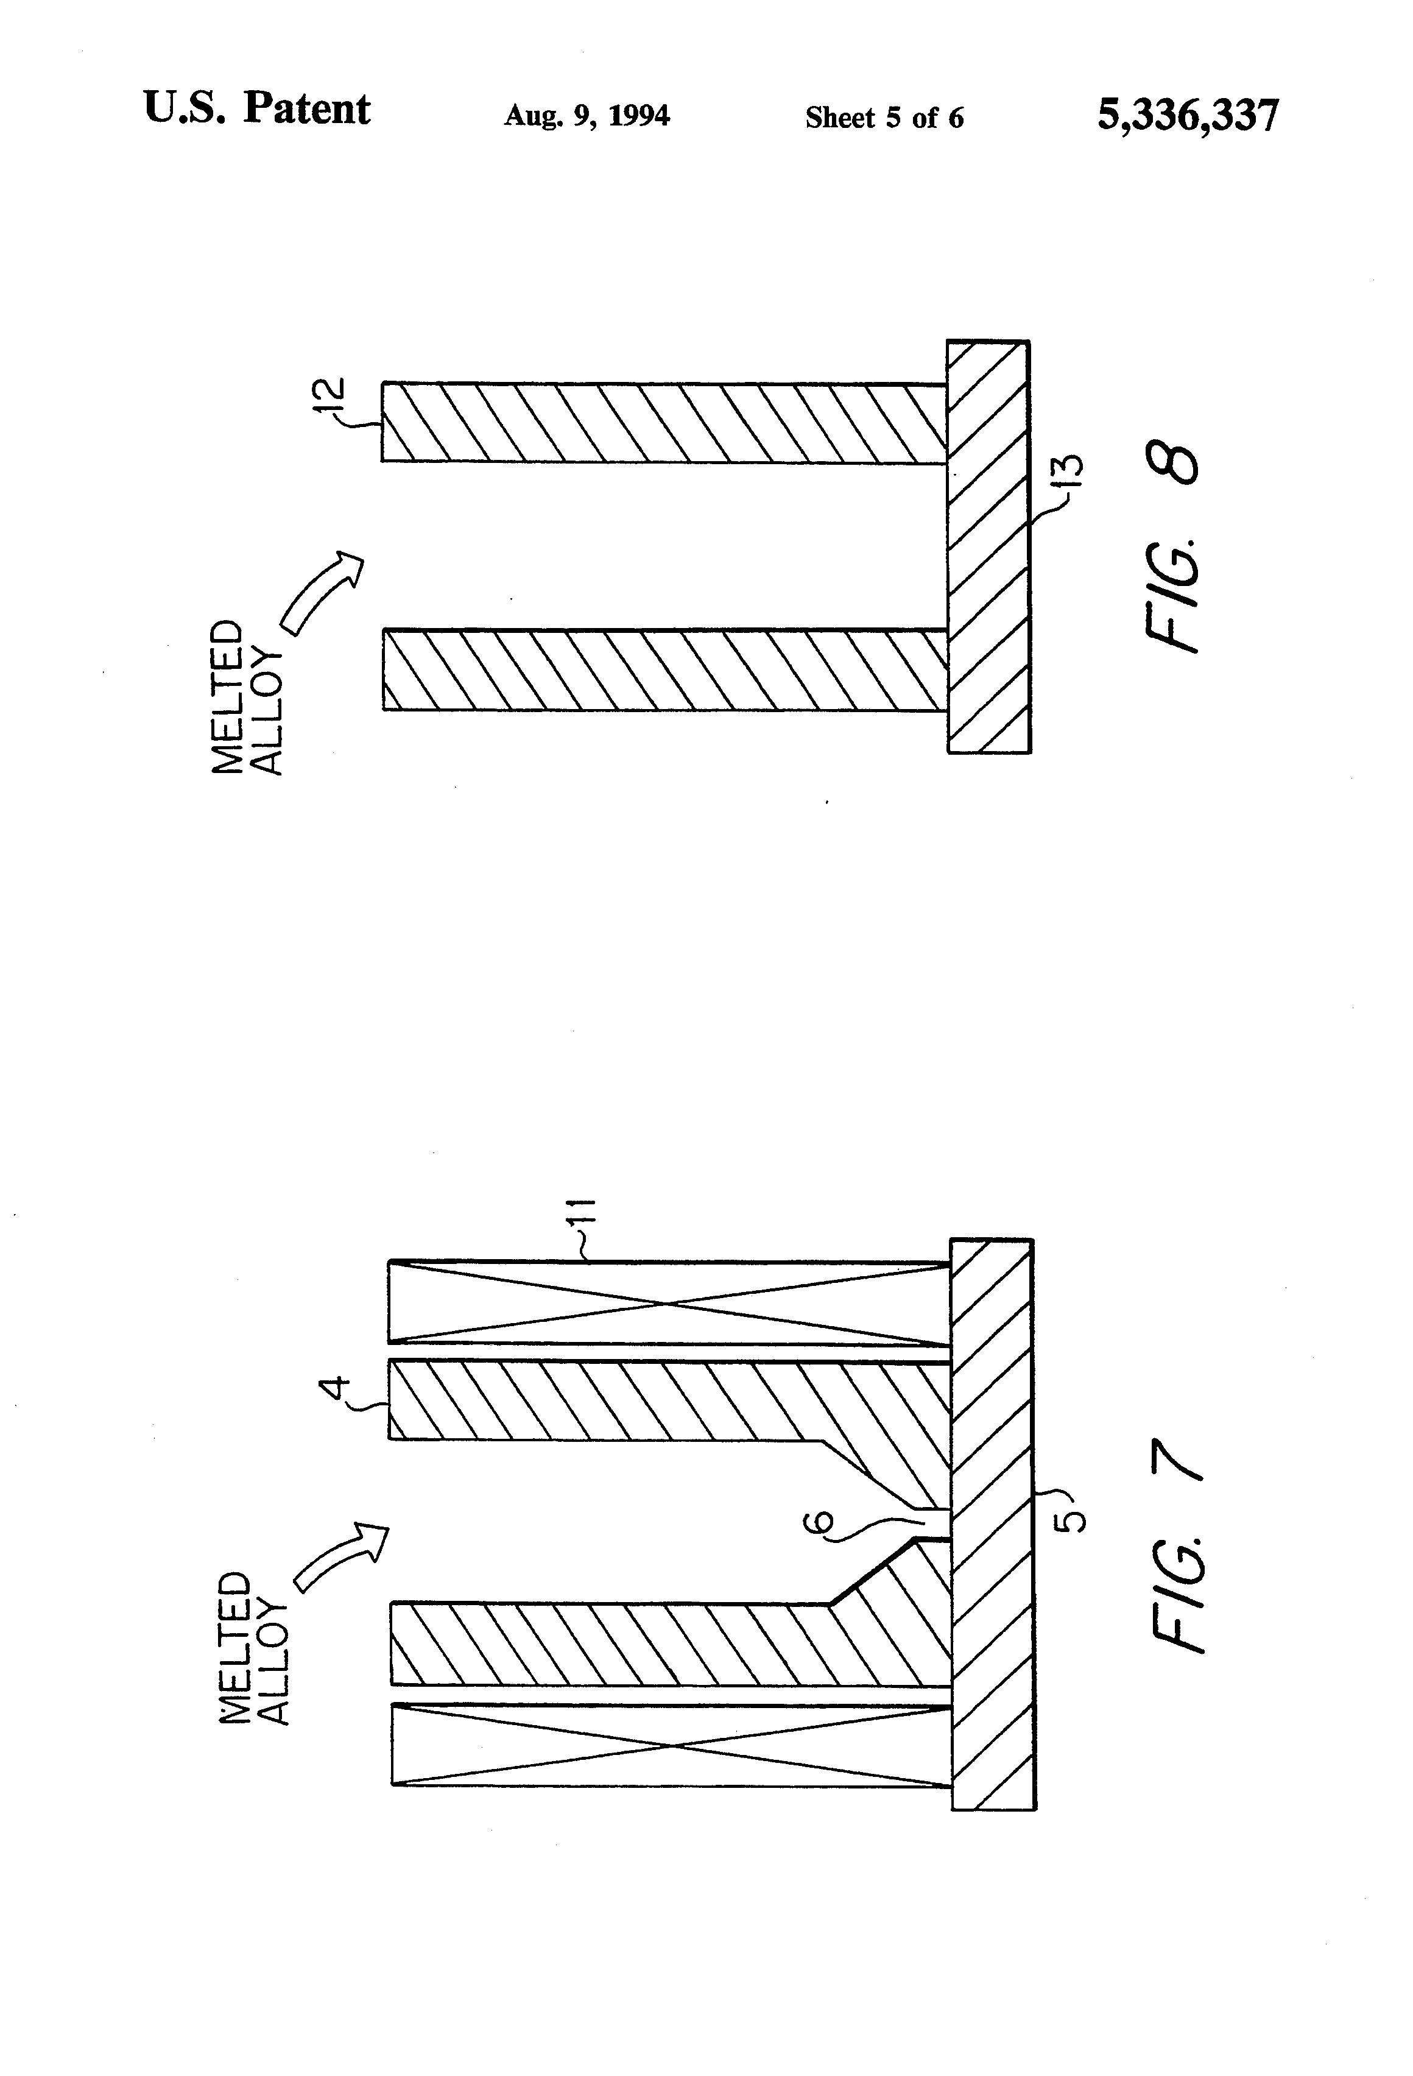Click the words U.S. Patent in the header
(x=256, y=110)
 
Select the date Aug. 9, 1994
(x=586, y=116)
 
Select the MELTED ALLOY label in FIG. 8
(x=245, y=697)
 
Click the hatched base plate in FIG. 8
(x=988, y=546)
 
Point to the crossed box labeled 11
(x=669, y=1304)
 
